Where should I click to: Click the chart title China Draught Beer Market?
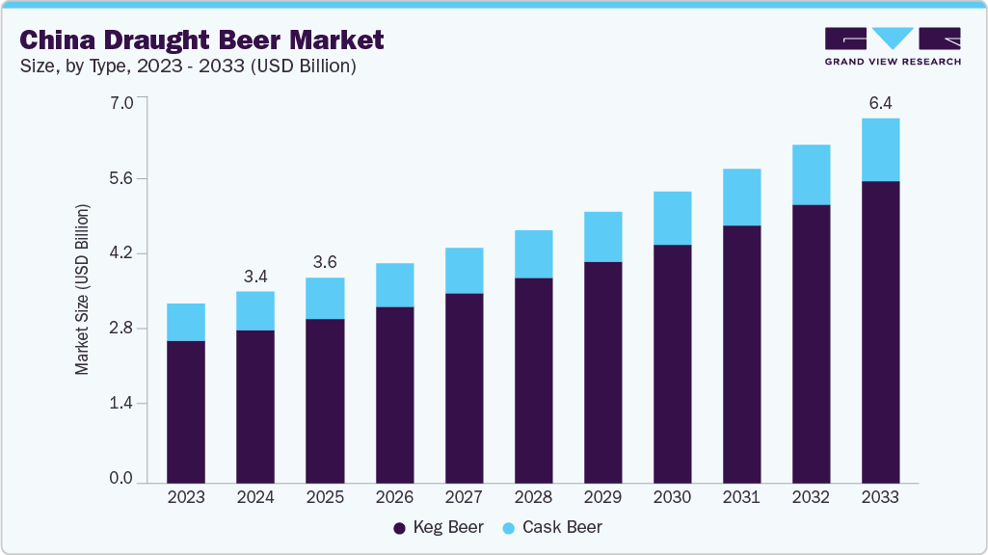[x=201, y=40]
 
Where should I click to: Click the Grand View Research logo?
[x=893, y=46]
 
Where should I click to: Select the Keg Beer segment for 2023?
[x=186, y=411]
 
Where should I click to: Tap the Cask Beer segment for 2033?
[x=880, y=149]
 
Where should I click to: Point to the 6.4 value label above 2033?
[x=880, y=102]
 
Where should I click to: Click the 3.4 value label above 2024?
[x=255, y=277]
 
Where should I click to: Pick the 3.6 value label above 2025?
[x=325, y=262]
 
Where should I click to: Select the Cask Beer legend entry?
[x=551, y=527]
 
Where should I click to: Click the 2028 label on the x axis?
[x=533, y=497]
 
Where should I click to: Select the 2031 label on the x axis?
[x=741, y=497]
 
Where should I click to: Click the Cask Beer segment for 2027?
[x=464, y=271]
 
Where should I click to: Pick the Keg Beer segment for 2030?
[x=672, y=363]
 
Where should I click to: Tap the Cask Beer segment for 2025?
[x=325, y=299]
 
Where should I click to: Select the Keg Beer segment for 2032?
[x=811, y=343]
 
